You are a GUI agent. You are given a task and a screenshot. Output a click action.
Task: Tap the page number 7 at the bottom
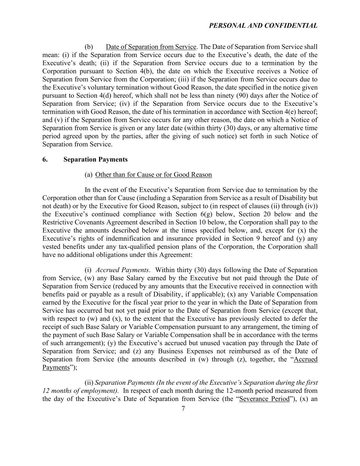coord(183,409)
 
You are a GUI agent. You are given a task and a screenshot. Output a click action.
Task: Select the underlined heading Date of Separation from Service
coord(151,47)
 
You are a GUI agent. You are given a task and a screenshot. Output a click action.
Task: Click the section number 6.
coord(45,159)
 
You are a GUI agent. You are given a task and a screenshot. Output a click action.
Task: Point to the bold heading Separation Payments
coord(96,159)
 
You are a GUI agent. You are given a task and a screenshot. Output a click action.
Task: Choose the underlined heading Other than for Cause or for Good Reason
coord(154,175)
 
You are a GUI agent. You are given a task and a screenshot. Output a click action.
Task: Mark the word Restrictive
coord(57,223)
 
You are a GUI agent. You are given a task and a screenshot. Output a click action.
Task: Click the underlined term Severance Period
coord(264,399)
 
